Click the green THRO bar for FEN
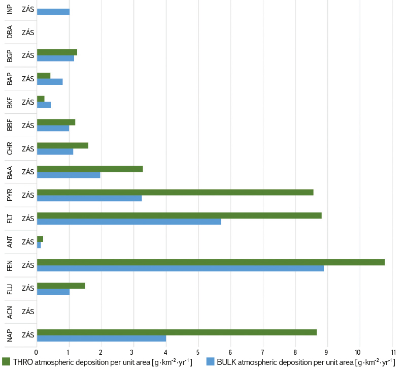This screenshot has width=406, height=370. (x=211, y=262)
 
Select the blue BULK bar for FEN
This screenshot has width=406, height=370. (x=180, y=268)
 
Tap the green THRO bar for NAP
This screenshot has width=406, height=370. (x=177, y=332)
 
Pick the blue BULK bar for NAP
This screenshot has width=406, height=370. (x=101, y=338)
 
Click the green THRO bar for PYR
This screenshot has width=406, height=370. (x=175, y=192)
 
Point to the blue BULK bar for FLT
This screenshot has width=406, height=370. (x=129, y=222)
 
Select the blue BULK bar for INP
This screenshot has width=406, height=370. (x=53, y=12)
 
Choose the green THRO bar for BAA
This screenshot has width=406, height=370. (x=90, y=169)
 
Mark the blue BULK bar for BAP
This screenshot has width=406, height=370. (x=50, y=81)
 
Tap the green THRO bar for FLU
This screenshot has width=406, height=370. (x=61, y=286)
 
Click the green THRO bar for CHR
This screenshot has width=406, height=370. (x=62, y=145)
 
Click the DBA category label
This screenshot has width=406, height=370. (x=10, y=32)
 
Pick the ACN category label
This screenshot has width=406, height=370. (x=10, y=312)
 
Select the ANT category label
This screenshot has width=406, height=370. (x=10, y=242)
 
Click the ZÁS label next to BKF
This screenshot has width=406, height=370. (x=28, y=102)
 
